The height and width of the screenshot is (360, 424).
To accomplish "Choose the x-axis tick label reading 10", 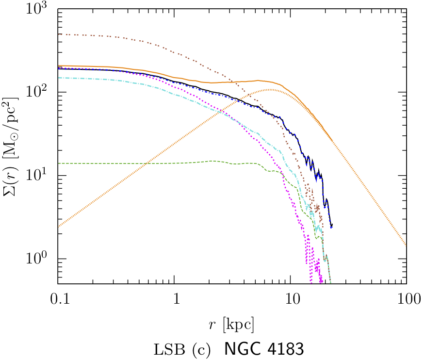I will coord(290,299).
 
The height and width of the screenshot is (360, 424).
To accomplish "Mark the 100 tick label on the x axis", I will coord(406,299).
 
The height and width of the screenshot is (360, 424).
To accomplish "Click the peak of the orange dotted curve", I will coord(270,90).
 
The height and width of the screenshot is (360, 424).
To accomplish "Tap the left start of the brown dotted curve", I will coord(58,34).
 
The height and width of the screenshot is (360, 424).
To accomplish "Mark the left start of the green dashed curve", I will coord(58,164).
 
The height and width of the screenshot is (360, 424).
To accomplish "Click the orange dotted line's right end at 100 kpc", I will coord(406,245).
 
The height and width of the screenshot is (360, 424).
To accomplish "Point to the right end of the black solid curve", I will coord(332,226).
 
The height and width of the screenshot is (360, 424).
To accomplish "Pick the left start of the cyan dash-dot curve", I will coord(58,78).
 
